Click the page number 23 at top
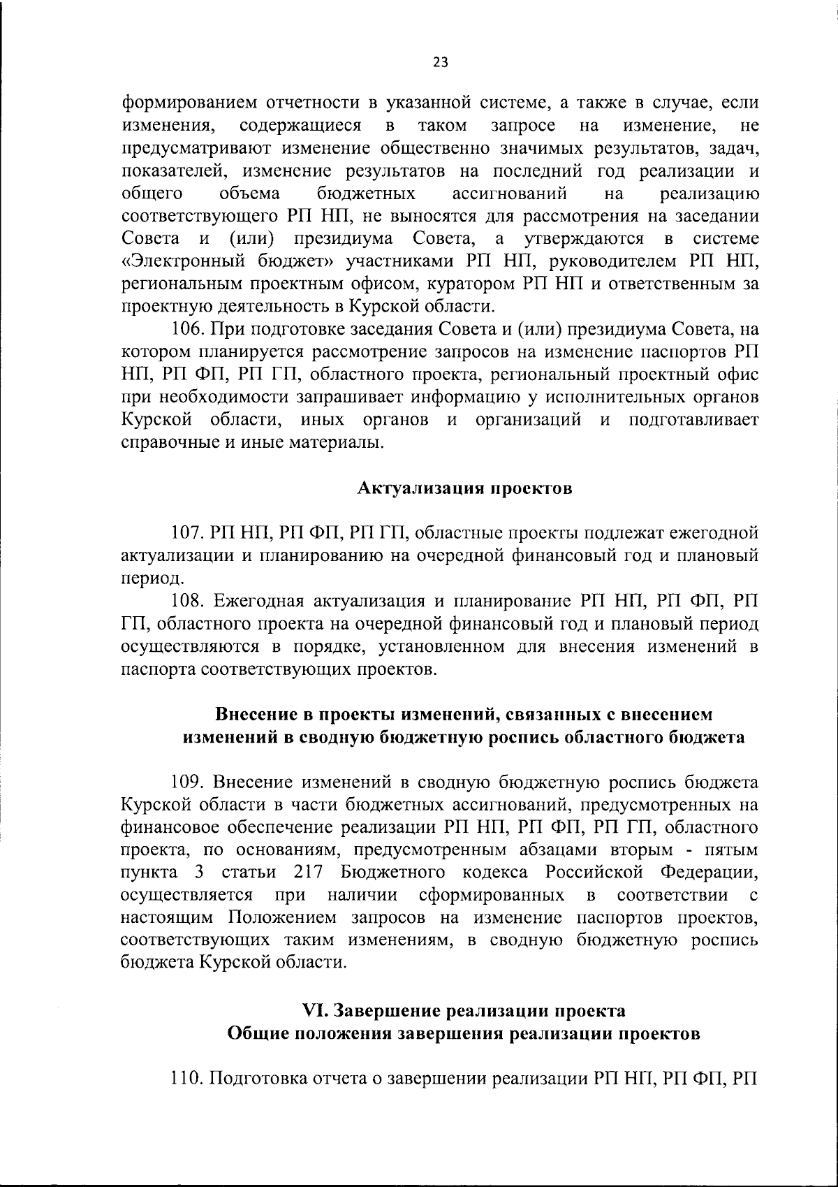(x=440, y=63)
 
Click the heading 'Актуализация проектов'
(x=465, y=488)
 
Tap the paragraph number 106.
(x=189, y=329)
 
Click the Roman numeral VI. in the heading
(x=316, y=1011)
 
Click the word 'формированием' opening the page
(x=189, y=103)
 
